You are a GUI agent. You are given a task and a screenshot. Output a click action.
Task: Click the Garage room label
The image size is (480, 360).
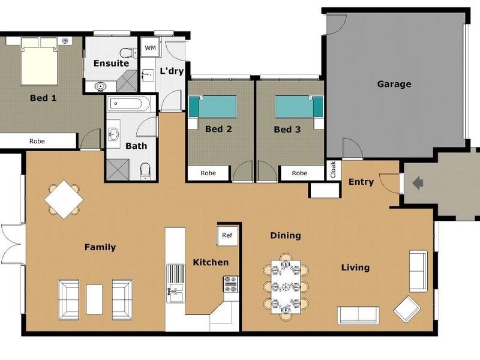click(394, 84)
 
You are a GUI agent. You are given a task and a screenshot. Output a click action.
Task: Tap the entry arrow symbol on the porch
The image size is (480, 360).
click(418, 181)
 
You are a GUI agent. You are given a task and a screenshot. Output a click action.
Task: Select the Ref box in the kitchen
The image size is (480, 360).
click(227, 235)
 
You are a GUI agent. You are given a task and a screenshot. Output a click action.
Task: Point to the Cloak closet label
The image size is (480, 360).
click(333, 169)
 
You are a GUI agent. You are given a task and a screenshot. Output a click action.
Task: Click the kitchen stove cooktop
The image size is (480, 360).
click(231, 284)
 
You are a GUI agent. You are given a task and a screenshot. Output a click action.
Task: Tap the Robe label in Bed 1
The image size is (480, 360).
click(37, 142)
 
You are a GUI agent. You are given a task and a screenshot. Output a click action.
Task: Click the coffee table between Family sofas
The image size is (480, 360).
click(95, 299)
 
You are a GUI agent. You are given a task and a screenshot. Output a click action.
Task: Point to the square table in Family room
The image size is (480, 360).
click(64, 199)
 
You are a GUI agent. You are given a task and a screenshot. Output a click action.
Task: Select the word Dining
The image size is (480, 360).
click(285, 236)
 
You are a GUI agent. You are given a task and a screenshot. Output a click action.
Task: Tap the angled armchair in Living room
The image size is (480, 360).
click(407, 308)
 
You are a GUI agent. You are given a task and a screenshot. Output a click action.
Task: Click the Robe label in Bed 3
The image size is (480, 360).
click(299, 173)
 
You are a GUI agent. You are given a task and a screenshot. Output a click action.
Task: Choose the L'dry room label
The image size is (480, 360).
click(171, 71)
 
